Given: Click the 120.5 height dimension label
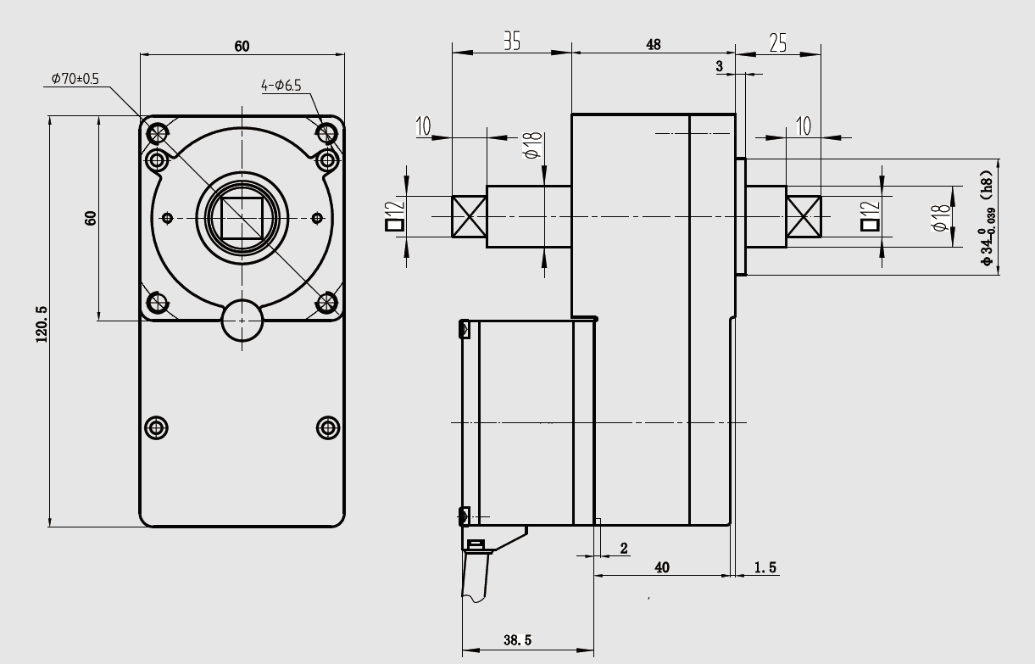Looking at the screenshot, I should (41, 323).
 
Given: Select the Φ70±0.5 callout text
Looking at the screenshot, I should (75, 78).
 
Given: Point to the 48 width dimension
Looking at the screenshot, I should (653, 44).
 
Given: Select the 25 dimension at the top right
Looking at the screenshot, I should (777, 42).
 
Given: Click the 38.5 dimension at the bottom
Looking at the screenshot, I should (516, 641).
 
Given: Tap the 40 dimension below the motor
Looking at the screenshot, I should (662, 567).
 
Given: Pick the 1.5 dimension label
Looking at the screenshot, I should (765, 567).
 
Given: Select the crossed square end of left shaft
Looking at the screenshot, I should (468, 216).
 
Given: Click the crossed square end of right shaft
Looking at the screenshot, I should (804, 216).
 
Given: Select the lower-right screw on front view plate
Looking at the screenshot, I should (327, 427).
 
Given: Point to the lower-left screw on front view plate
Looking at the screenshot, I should (157, 427).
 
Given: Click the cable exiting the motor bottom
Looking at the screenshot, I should (476, 577).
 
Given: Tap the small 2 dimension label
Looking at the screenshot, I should (625, 549).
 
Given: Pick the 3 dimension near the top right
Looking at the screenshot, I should (720, 65).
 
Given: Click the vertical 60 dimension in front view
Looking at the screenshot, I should (91, 217).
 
